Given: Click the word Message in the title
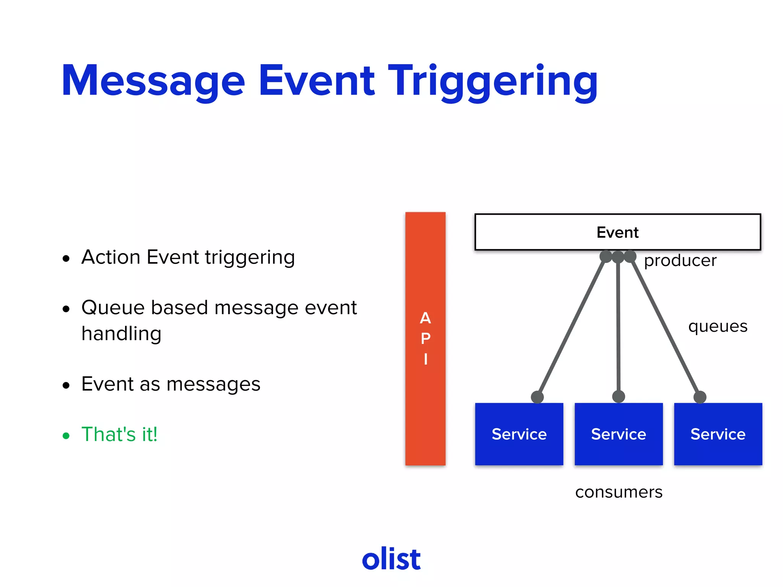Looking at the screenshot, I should pyautogui.click(x=153, y=81).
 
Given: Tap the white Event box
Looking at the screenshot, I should pyautogui.click(x=617, y=232).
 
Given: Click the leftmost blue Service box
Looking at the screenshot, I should pyautogui.click(x=519, y=434).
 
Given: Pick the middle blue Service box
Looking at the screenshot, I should pyautogui.click(x=618, y=434).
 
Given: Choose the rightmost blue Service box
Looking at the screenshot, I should pyautogui.click(x=718, y=434).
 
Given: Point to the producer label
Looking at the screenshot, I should pyautogui.click(x=680, y=261).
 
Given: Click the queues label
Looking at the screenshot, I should pyautogui.click(x=718, y=326).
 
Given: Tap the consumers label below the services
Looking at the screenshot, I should pyautogui.click(x=619, y=492).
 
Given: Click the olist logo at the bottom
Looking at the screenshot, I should pyautogui.click(x=391, y=559).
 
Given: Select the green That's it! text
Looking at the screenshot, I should pyautogui.click(x=119, y=435).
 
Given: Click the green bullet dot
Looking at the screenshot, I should pyautogui.click(x=66, y=436).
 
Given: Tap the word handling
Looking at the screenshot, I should pyautogui.click(x=121, y=334).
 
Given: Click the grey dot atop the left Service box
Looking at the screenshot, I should pyautogui.click(x=537, y=397).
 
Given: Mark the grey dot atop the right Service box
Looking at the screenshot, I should pyautogui.click(x=700, y=397).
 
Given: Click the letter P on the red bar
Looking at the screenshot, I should pyautogui.click(x=426, y=339).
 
